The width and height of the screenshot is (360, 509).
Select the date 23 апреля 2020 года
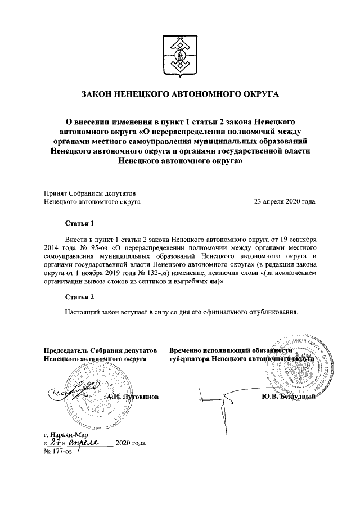point(285,200)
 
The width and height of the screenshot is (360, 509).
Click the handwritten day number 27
point(55,443)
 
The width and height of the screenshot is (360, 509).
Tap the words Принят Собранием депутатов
point(89,192)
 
